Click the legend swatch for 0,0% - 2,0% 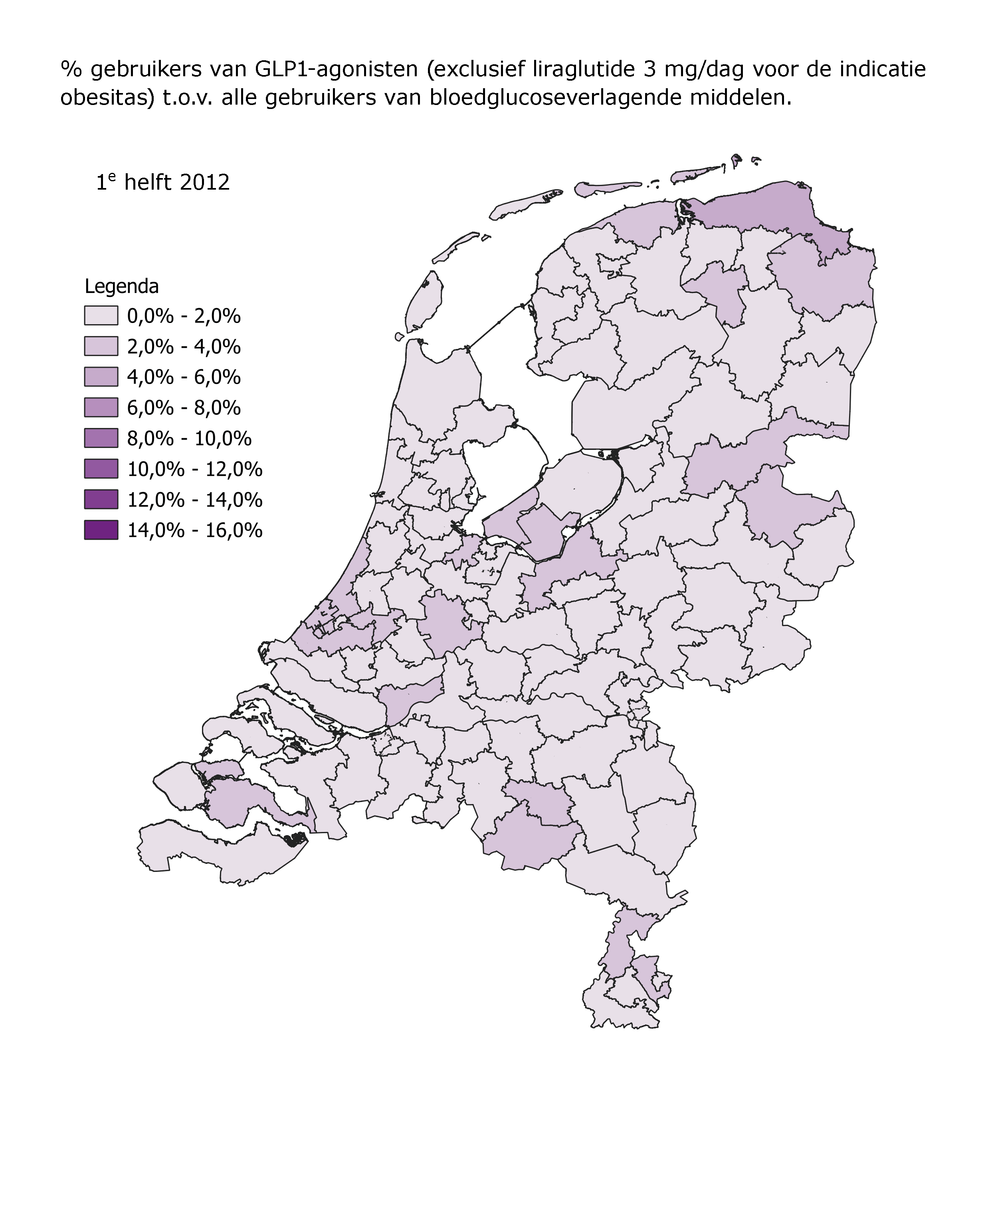pyautogui.click(x=101, y=315)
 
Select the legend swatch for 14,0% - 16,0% pyautogui.click(x=101, y=530)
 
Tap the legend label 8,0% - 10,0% pyautogui.click(x=189, y=438)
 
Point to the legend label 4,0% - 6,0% pyautogui.click(x=184, y=377)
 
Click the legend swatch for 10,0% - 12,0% pyautogui.click(x=101, y=469)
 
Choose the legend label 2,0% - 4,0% pyautogui.click(x=184, y=347)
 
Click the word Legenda pyautogui.click(x=121, y=286)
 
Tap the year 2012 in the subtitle pyautogui.click(x=204, y=182)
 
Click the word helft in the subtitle pyautogui.click(x=148, y=182)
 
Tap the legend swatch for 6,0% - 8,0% pyautogui.click(x=101, y=408)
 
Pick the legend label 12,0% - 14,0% pyautogui.click(x=194, y=499)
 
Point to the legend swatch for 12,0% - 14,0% pyautogui.click(x=101, y=499)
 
